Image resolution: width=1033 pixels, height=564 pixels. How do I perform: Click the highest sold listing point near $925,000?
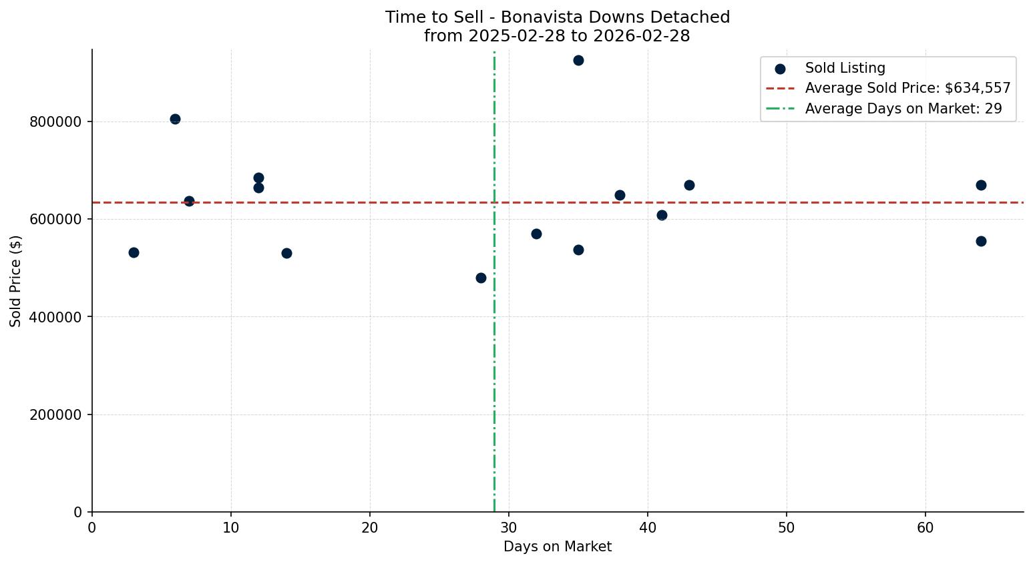pos(578,61)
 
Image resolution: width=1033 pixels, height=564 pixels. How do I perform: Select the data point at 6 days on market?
pos(175,119)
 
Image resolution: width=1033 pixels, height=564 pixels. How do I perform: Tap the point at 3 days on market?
pos(134,253)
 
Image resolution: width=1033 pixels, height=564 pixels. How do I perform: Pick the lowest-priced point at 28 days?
pos(481,278)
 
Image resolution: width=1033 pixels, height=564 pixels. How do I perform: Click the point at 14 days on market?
pos(286,254)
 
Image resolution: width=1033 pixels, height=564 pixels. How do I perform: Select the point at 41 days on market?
pos(662,216)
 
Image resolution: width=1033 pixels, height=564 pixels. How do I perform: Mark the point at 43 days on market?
pos(689,186)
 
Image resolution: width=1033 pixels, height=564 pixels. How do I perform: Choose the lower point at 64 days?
pos(981,242)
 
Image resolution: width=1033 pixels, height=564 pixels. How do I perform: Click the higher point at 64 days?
pos(981,186)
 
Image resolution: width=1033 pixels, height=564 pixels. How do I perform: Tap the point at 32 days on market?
pos(536,234)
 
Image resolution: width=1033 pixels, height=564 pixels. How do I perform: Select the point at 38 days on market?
pos(620,196)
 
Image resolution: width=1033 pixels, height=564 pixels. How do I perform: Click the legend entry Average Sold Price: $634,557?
pos(907,89)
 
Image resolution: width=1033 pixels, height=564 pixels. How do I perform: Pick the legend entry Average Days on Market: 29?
pos(903,109)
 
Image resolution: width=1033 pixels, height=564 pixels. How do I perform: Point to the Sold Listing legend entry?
pos(845,68)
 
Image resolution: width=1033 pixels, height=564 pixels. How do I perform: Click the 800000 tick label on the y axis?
pos(56,122)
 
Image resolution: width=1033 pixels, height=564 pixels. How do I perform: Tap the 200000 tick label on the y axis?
pos(56,415)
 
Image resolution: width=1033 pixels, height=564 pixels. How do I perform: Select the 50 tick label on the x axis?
pos(787,529)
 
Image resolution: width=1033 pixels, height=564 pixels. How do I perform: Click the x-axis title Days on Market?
pos(558,547)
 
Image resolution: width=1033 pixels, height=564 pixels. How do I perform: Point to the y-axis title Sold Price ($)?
pos(16,281)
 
